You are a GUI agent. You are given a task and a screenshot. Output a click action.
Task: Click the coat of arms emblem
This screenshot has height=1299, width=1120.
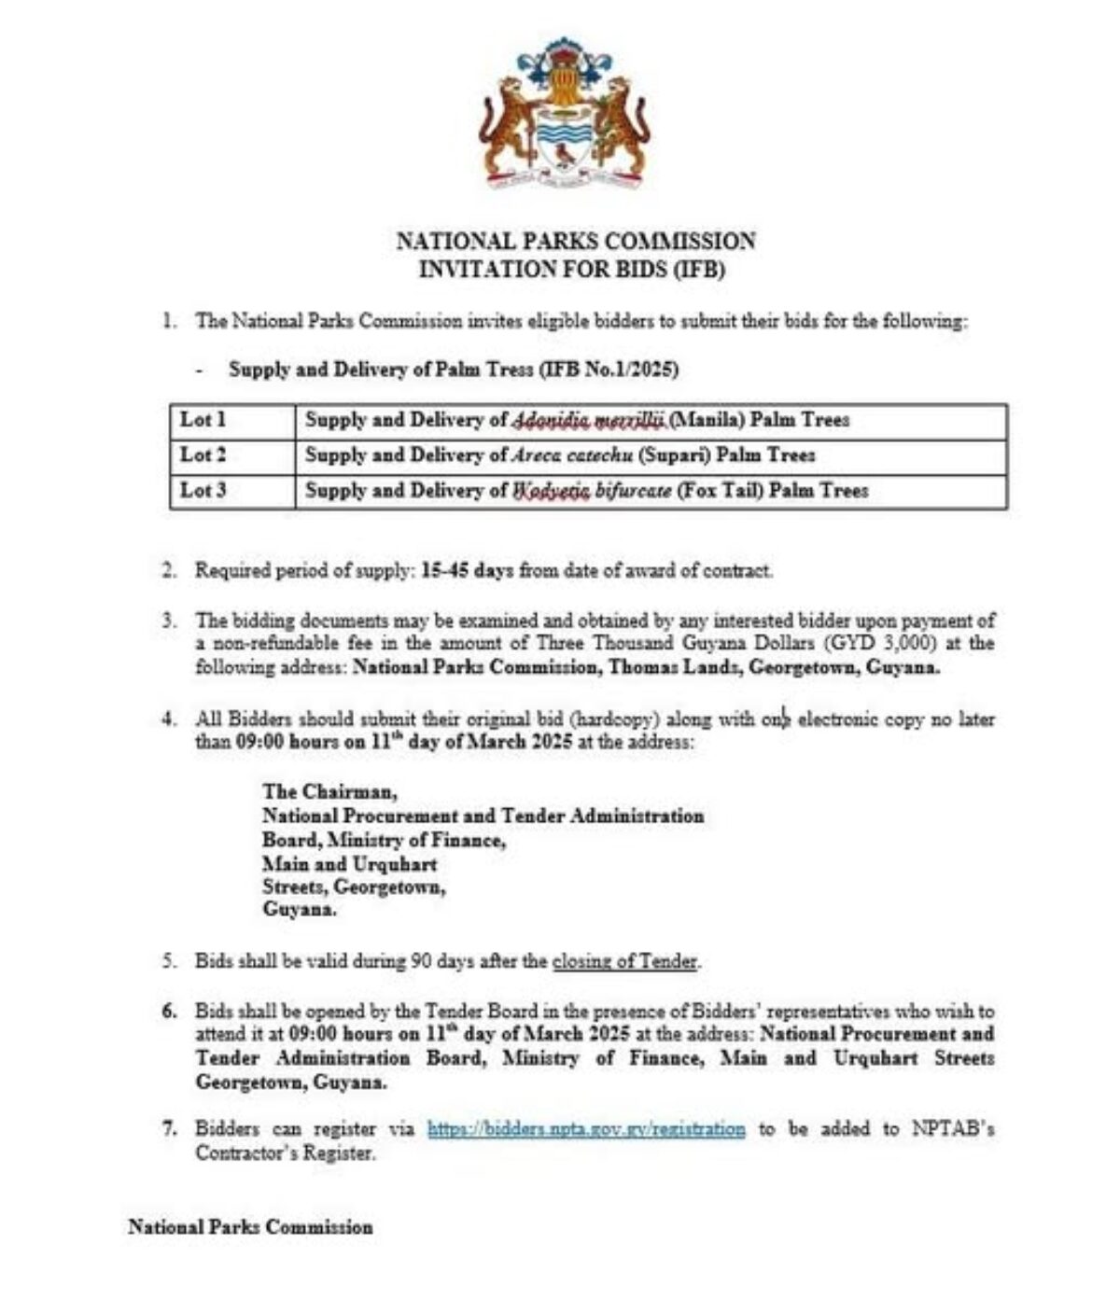[x=564, y=113]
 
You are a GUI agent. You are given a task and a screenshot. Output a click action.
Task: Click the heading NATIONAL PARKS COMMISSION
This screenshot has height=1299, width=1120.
[x=576, y=242]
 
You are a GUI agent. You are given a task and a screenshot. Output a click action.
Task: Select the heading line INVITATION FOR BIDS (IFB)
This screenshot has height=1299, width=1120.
[x=571, y=270]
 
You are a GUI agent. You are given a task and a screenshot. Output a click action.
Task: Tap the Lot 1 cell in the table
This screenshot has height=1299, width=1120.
[x=203, y=420]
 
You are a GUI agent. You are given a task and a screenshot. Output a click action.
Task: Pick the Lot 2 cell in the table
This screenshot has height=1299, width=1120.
[x=203, y=455]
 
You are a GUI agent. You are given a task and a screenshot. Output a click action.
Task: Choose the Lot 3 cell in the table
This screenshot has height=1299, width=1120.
[x=203, y=490]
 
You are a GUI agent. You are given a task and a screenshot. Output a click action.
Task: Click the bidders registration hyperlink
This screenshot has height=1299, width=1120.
[x=586, y=1129]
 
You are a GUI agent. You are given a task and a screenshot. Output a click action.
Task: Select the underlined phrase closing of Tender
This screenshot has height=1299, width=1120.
[x=624, y=960]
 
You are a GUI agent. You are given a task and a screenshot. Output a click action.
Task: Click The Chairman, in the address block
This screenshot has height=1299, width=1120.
[x=329, y=792]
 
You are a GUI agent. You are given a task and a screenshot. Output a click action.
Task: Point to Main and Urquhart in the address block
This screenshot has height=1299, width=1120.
[x=349, y=863]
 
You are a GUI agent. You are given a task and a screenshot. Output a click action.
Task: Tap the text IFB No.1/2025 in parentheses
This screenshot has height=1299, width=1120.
[x=609, y=370]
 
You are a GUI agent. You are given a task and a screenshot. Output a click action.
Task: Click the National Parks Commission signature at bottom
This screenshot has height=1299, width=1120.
[x=250, y=1227]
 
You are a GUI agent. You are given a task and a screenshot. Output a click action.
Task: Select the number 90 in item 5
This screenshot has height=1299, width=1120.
[x=422, y=960]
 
